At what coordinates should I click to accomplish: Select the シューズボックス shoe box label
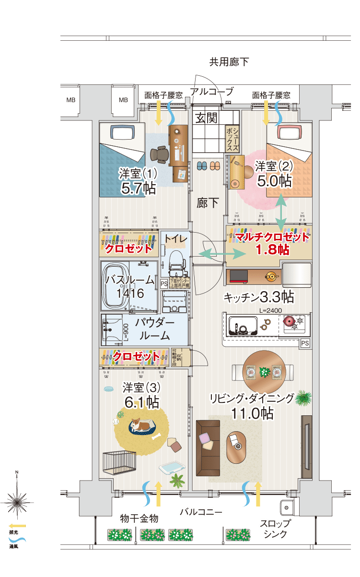(232, 139)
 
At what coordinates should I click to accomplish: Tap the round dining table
(263, 372)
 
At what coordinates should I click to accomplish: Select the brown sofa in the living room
(208, 447)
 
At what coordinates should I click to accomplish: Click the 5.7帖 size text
(138, 188)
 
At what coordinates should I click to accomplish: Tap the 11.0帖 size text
(252, 413)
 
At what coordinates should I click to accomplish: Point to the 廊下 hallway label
(208, 202)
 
